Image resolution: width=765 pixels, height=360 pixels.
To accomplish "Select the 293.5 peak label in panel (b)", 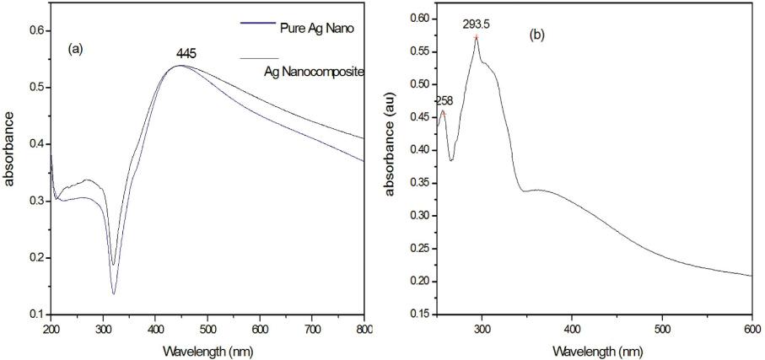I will (x=476, y=25).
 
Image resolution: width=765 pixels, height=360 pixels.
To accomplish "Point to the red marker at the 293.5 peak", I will (x=477, y=37).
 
